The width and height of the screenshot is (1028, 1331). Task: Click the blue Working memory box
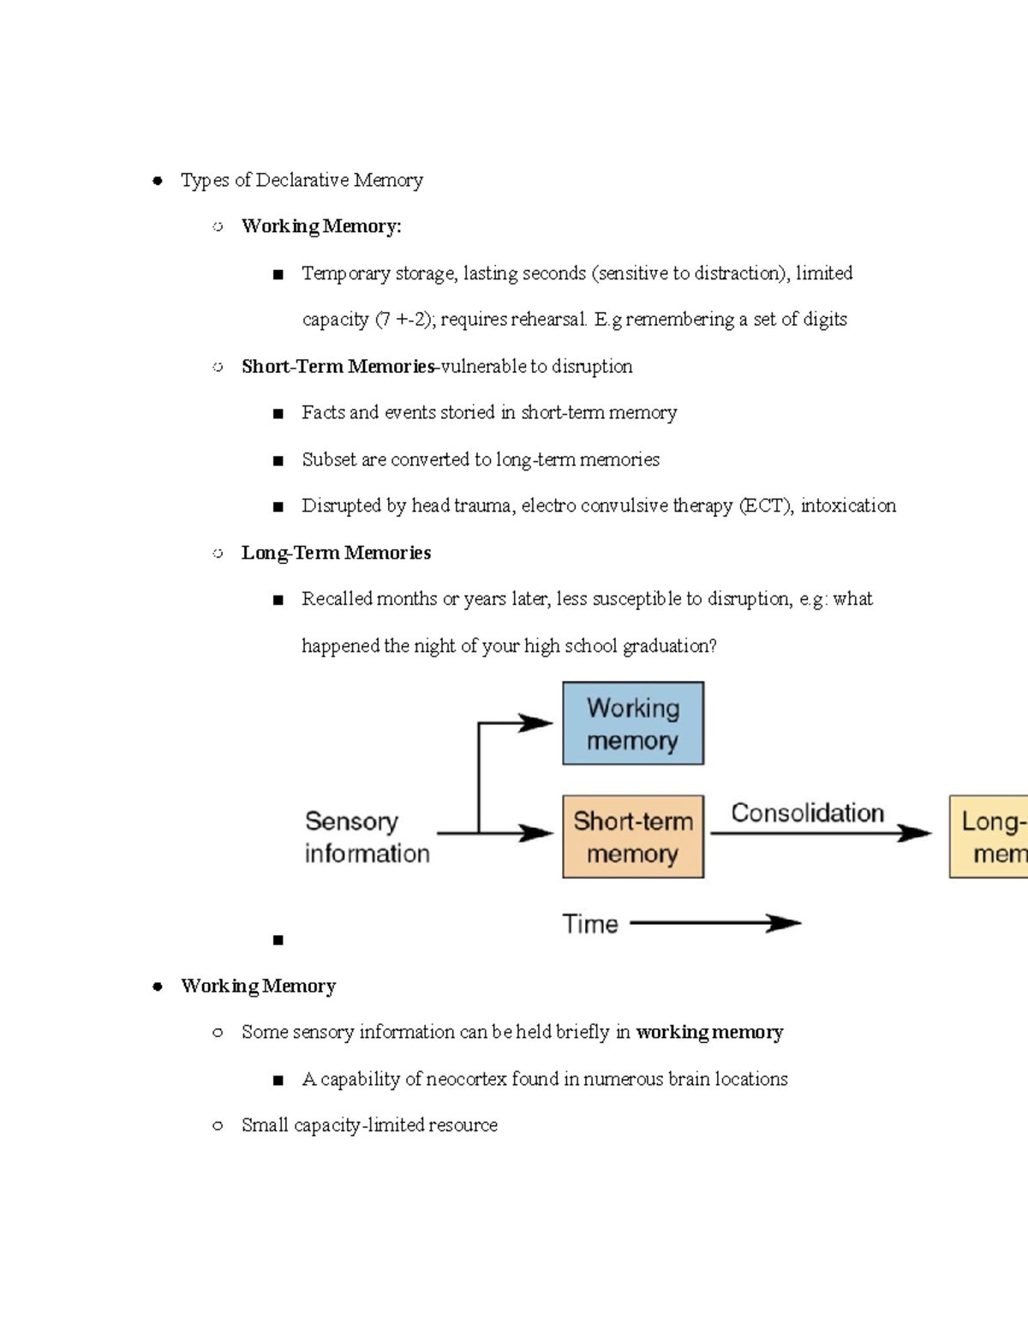633,723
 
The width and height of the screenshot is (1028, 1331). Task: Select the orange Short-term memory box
633,836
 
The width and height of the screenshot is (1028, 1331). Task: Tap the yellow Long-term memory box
989,836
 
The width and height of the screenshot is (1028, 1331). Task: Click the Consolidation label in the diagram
807,812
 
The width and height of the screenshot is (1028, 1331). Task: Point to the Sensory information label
367,836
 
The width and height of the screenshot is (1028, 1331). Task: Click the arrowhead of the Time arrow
783,923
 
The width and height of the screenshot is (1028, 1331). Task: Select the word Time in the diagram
590,924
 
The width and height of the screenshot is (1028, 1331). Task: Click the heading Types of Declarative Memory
302,180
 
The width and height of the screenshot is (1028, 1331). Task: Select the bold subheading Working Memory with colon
321,226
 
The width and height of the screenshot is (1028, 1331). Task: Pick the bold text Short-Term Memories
338,367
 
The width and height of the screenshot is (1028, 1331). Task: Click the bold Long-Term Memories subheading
336,553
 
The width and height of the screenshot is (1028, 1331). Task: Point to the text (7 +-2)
405,320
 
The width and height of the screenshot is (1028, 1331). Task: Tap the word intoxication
848,506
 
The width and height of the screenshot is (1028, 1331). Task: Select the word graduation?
669,646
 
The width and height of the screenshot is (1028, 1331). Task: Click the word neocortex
466,1079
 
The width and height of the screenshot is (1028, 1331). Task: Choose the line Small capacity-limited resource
369,1125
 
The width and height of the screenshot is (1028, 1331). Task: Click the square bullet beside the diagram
278,940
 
